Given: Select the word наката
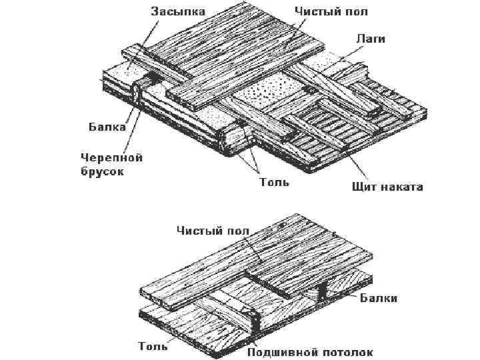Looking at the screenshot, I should click(x=403, y=187).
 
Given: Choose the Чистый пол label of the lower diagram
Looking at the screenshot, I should click(x=213, y=231).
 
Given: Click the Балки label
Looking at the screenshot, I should click(x=379, y=298).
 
